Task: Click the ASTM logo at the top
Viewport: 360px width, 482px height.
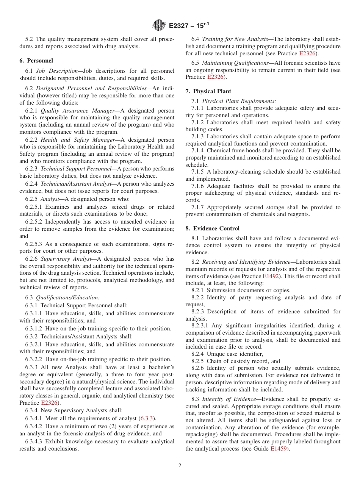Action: pyautogui.click(x=159, y=25)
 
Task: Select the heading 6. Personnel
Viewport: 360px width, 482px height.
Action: pyautogui.click(x=36, y=61)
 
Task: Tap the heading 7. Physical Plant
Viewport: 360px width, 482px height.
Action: pyautogui.click(x=208, y=91)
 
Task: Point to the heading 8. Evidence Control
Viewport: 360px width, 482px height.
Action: pyautogui.click(x=212, y=228)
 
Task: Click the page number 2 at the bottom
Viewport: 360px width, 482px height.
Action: pyautogui.click(x=180, y=466)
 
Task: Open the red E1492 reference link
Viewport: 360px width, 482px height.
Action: pyautogui.click(x=271, y=276)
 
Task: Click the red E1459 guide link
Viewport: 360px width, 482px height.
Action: pyautogui.click(x=278, y=449)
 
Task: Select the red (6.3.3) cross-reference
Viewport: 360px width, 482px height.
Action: pyautogui.click(x=147, y=418)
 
